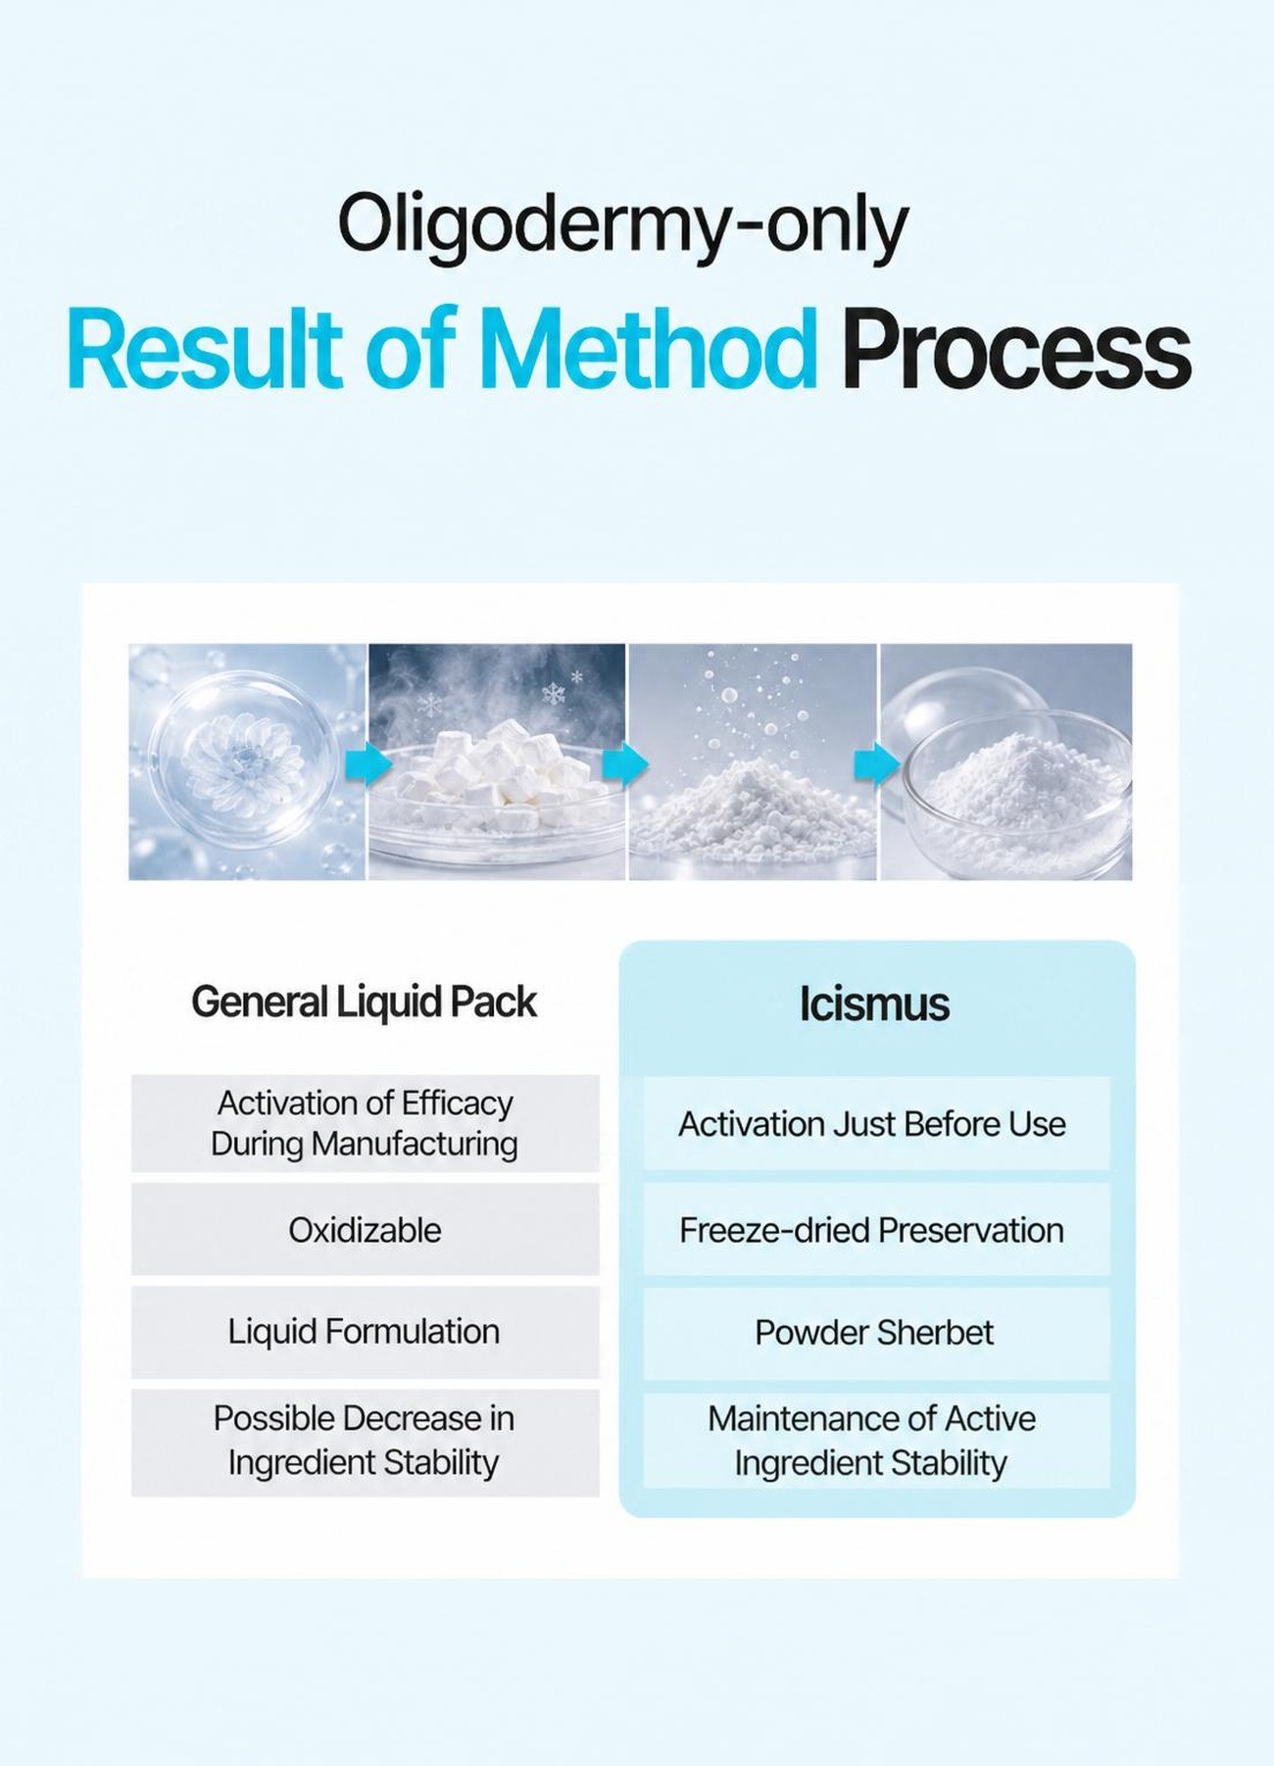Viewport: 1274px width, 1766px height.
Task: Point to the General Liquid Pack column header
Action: click(365, 1002)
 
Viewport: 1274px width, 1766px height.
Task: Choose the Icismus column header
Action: click(874, 1004)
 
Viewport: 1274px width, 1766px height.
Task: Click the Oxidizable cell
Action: click(365, 1230)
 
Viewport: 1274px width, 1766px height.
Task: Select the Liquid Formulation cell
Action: click(365, 1332)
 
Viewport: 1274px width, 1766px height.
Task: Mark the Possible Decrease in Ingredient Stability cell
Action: click(365, 1442)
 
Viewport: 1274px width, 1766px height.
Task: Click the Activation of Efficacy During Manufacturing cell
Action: click(365, 1123)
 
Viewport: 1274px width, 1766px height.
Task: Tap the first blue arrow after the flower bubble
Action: click(367, 764)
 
